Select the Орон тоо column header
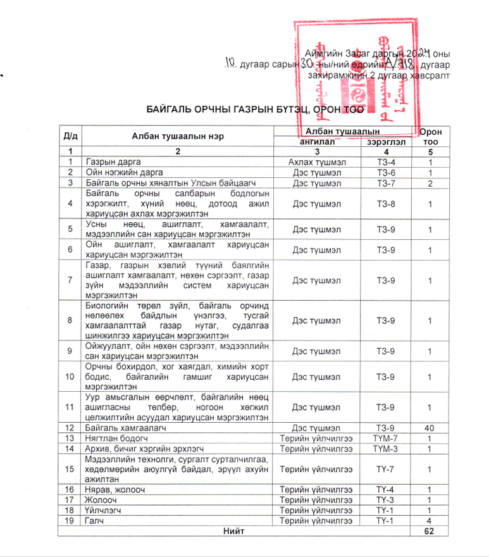pyautogui.click(x=431, y=136)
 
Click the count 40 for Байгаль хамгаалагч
pyautogui.click(x=431, y=428)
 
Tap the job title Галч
pyautogui.click(x=94, y=520)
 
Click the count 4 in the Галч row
pyautogui.click(x=431, y=520)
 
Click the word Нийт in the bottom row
pyautogui.click(x=233, y=531)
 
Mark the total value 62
pyautogui.click(x=431, y=531)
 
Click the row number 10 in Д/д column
pyautogui.click(x=70, y=377)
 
